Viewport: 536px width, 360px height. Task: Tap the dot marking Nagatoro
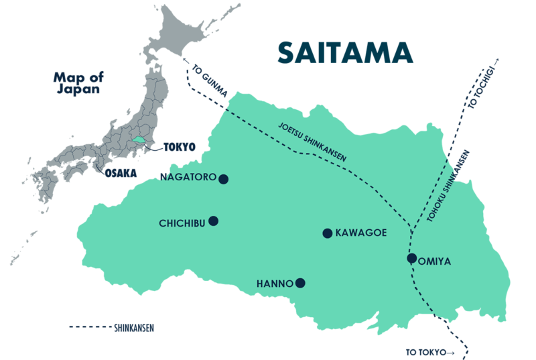coord(224,179)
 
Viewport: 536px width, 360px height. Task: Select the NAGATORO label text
coord(188,178)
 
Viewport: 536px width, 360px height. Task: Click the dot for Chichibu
coord(213,221)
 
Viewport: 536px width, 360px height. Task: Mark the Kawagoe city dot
coord(327,233)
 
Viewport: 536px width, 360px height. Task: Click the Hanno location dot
coord(300,283)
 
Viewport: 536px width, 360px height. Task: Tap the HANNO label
coord(275,284)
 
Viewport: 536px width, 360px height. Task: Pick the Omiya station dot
coord(411,258)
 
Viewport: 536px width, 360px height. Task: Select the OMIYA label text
coord(435,261)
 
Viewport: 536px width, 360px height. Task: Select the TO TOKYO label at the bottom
coord(428,351)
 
